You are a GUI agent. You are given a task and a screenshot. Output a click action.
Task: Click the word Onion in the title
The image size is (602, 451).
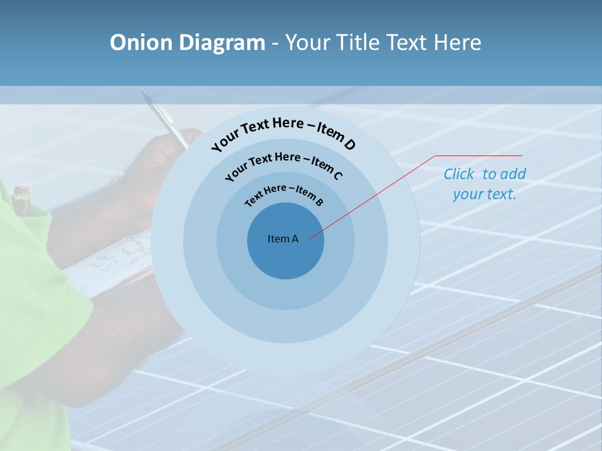[141, 43]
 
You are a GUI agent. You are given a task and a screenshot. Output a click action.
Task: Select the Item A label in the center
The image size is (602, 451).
[283, 239]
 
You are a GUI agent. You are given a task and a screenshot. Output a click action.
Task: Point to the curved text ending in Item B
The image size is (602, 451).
[283, 194]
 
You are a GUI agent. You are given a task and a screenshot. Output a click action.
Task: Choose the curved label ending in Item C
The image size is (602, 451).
[283, 162]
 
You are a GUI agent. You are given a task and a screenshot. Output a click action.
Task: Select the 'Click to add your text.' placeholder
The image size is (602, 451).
[485, 184]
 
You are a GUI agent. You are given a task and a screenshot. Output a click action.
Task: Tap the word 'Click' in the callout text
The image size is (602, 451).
[459, 174]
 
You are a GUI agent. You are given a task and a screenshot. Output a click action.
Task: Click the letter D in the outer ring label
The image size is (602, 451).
[349, 145]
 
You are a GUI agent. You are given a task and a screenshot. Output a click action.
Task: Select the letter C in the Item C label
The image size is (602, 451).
[337, 175]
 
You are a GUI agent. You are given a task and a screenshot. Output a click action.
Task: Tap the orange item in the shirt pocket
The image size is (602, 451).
[21, 194]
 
